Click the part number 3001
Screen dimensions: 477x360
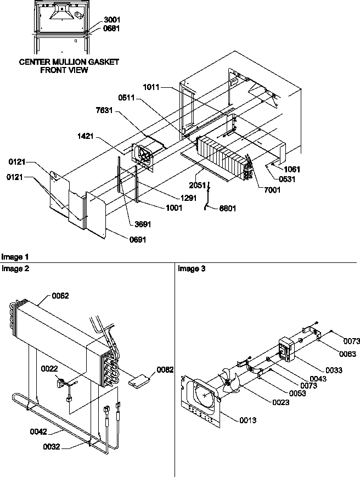coord(112,20)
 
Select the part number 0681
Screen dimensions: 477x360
coord(112,28)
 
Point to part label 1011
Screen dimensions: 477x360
coord(153,87)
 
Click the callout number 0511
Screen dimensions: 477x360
coord(127,98)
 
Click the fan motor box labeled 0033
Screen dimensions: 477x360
coord(286,349)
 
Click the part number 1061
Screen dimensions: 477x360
coord(292,170)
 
